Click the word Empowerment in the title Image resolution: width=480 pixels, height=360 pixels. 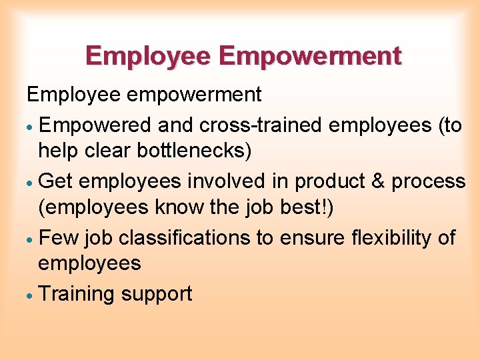click(310, 55)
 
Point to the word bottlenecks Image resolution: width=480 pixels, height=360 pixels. click(193, 151)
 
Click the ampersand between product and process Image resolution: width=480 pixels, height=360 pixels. click(377, 181)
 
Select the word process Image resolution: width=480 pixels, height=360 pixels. click(428, 181)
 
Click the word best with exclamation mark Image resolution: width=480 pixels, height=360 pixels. click(304, 207)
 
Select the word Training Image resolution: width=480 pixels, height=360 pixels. click(77, 294)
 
